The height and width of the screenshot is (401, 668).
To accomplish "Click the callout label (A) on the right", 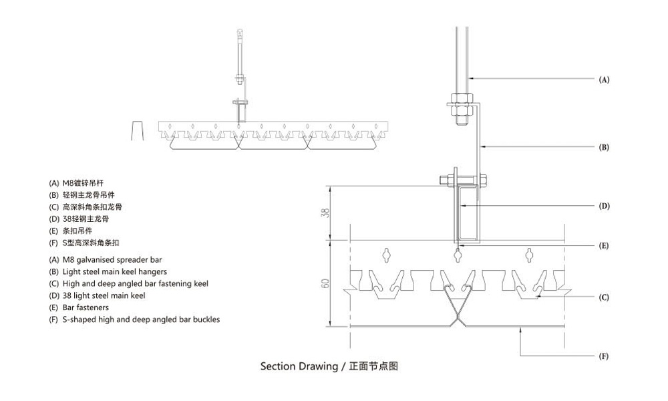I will point(603,80).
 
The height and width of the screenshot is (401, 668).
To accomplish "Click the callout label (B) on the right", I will point(603,146).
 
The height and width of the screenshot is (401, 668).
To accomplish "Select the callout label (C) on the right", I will point(603,297).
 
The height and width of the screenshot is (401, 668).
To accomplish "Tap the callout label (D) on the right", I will point(603,206).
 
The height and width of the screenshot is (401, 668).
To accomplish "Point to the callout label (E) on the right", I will point(603,245).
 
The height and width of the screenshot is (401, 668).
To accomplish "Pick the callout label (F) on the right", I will point(603,357).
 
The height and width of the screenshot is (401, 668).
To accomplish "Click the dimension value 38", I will point(325,214).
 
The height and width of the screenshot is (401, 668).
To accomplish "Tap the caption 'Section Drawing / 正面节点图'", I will point(329,366).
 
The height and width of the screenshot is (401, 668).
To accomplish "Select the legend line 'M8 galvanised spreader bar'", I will point(105,259).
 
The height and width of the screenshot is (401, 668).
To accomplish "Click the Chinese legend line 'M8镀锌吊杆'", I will point(75,182).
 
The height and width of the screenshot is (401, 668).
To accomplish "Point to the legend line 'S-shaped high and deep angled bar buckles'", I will point(134,319).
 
